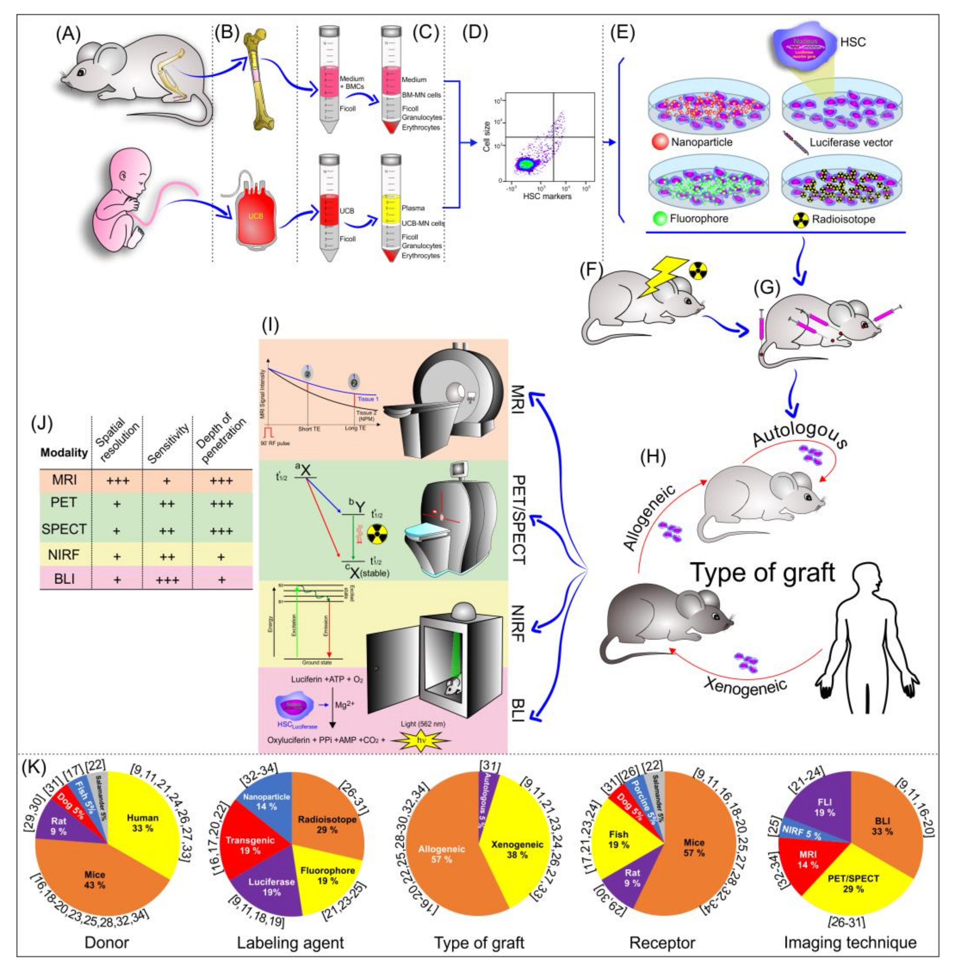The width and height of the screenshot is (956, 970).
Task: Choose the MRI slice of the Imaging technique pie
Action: (x=808, y=858)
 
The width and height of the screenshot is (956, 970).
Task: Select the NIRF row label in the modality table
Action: (x=64, y=555)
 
